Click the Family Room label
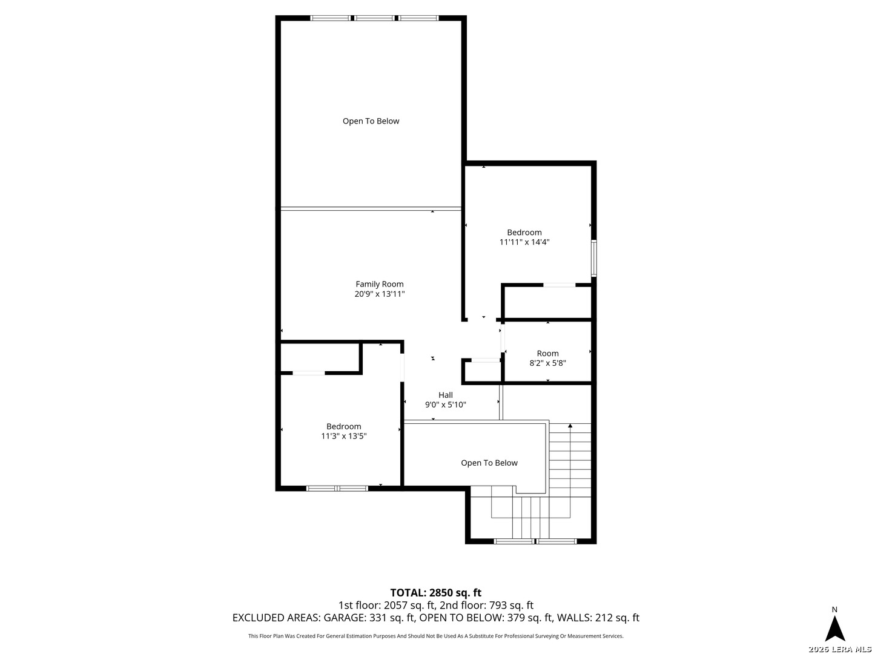click(x=379, y=284)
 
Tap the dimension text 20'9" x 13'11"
click(x=379, y=294)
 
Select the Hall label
click(x=445, y=395)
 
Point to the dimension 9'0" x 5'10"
click(x=445, y=405)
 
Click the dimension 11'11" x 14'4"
click(x=524, y=242)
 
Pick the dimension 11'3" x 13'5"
click(x=343, y=436)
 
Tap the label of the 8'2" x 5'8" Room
click(x=547, y=353)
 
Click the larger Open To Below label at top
click(x=371, y=121)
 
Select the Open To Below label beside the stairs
click(x=489, y=463)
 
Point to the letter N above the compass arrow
click(x=834, y=609)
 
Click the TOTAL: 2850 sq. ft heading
click(x=435, y=592)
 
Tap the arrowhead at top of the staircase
click(x=570, y=426)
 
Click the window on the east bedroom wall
click(x=593, y=258)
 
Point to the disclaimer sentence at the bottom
click(x=435, y=636)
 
